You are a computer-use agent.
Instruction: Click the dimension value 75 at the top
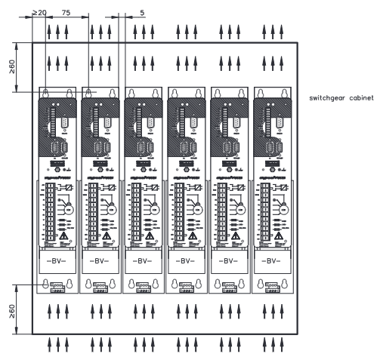coord(66,13)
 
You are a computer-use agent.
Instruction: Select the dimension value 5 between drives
coord(143,13)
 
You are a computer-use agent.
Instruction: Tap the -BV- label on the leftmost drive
coord(58,264)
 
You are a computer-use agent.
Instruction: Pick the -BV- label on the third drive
coord(145,264)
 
